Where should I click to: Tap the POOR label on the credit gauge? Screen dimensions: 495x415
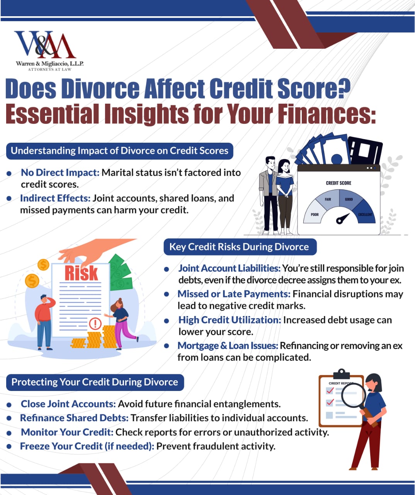click(x=315, y=214)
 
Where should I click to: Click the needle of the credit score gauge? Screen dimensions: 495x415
click(x=342, y=218)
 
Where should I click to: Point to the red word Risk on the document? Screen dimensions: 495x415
click(x=81, y=273)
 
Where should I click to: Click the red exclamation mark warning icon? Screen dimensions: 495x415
click(x=95, y=323)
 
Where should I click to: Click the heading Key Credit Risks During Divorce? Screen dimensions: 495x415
click(x=239, y=247)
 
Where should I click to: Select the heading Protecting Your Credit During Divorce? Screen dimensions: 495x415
click(x=95, y=382)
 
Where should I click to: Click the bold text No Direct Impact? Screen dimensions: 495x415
click(x=60, y=172)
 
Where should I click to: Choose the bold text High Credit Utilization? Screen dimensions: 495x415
click(x=230, y=320)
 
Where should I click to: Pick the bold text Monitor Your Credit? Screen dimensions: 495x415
click(x=67, y=432)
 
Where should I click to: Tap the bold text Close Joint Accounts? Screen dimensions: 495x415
click(x=68, y=404)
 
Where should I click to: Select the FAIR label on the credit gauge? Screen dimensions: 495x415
click(x=328, y=199)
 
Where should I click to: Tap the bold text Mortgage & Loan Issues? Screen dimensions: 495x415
click(x=228, y=346)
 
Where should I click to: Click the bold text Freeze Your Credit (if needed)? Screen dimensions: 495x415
click(x=87, y=446)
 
